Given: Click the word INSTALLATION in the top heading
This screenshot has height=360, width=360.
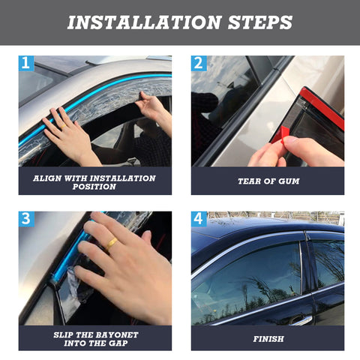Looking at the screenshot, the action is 145,22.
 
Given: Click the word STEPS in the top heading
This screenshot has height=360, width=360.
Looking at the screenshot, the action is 260,22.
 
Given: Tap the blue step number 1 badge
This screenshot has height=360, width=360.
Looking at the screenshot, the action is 26,63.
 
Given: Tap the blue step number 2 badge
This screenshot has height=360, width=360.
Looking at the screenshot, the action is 199,63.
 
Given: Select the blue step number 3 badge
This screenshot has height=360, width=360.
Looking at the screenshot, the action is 26,219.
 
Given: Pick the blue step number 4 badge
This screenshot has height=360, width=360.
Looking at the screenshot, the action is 199,219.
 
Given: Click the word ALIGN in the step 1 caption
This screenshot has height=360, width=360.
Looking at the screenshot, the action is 47,178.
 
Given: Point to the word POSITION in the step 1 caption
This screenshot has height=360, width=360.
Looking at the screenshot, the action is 94,187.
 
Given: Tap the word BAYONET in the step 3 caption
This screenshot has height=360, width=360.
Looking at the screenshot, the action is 117,334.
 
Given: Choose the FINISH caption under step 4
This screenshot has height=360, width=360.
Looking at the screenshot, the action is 268,339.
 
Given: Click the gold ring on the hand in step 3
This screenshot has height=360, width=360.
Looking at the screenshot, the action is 112,244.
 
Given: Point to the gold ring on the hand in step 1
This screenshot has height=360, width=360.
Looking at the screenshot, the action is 63,127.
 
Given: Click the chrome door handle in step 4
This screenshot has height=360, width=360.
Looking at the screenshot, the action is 301,320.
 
